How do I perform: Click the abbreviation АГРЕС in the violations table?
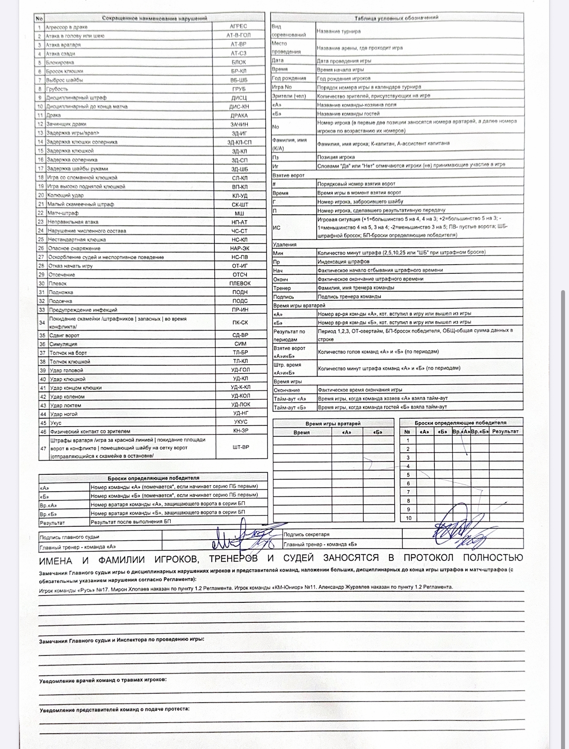click(x=239, y=26)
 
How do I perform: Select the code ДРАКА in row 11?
click(x=239, y=115)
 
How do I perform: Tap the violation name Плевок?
click(x=58, y=284)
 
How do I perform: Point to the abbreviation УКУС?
click(x=240, y=422)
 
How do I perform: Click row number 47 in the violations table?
click(x=43, y=448)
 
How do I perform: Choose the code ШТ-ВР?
click(x=241, y=447)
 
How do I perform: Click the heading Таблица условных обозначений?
click(x=397, y=18)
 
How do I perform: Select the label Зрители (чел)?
click(x=289, y=96)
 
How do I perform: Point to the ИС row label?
click(x=277, y=227)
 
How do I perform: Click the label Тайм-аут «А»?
click(x=290, y=399)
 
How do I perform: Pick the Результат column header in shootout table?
click(x=505, y=431)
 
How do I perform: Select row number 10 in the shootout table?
click(x=408, y=518)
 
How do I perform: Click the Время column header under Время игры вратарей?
click(x=302, y=432)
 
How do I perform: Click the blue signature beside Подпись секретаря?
click(x=459, y=532)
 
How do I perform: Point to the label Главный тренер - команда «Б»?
click(x=320, y=545)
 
